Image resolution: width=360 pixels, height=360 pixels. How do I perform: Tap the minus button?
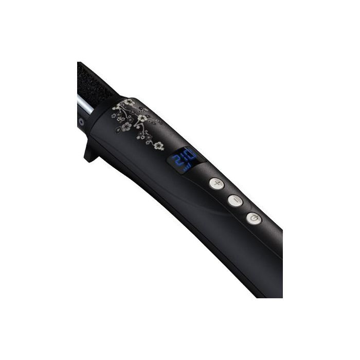pos(235,201)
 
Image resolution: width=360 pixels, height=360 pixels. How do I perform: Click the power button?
pos(253,220)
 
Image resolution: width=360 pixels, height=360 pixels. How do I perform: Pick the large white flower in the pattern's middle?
pos(140,119)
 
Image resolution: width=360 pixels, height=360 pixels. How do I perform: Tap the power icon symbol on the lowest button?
pos(253,220)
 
